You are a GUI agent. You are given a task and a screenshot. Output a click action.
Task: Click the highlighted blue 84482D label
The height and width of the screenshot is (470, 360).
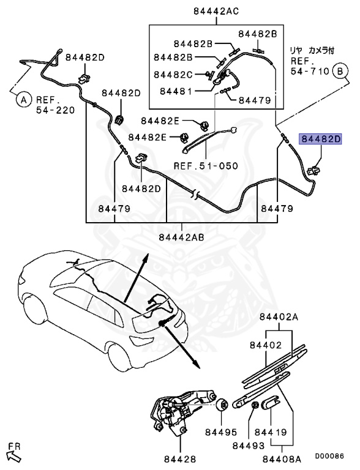pos(320,139)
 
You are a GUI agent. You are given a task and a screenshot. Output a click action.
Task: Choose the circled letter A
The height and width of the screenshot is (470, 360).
pos(23,99)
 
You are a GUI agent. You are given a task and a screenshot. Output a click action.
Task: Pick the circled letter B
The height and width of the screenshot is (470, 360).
pos(339,71)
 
